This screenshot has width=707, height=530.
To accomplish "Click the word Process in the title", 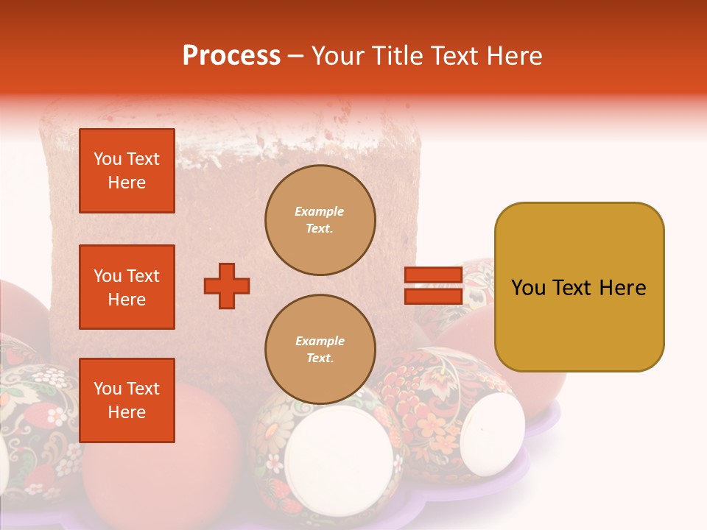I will pos(231,56).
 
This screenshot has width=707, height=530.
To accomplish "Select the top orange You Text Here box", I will pos(127,171).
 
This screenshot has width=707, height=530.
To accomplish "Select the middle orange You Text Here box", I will pos(127,287).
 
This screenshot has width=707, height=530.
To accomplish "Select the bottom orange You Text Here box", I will pos(127,400).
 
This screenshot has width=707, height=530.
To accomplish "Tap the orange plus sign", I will pos(227,286).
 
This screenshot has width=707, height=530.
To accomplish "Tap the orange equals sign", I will pos(433,286).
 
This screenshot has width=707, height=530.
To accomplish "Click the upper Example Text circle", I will pos(320,220).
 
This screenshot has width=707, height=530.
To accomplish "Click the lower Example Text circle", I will pos(320,350).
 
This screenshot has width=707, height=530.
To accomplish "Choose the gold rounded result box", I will pos(579,287).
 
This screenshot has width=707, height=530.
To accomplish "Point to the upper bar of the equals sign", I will pos(433,275).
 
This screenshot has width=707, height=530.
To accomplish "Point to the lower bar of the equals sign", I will pos(433,296).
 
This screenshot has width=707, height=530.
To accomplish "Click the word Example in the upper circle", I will pos(320,211).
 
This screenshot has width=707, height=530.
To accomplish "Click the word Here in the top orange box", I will pos(127,183).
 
